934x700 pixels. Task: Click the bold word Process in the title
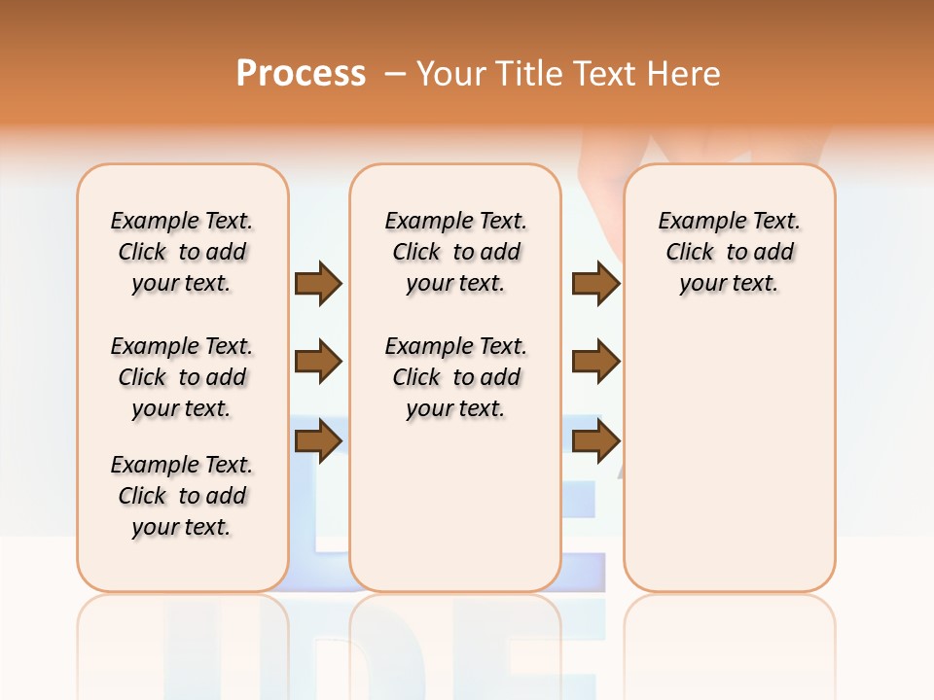tap(301, 73)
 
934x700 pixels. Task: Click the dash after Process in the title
tap(395, 74)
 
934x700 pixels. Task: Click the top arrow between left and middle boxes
tap(318, 283)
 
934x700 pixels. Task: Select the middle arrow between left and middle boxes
tap(318, 363)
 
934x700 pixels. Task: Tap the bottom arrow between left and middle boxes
tap(318, 441)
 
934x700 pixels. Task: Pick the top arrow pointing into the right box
tap(595, 283)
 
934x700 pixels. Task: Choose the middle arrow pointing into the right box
tap(595, 363)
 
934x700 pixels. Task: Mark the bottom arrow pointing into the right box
tap(595, 441)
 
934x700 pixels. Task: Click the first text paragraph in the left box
tap(182, 252)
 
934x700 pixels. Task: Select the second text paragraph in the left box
tap(182, 377)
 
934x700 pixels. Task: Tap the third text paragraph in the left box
tap(182, 496)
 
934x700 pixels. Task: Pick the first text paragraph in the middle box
tap(455, 252)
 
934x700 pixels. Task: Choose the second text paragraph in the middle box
tap(455, 377)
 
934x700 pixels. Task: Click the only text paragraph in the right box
tap(730, 252)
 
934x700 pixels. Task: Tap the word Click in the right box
tap(690, 253)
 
